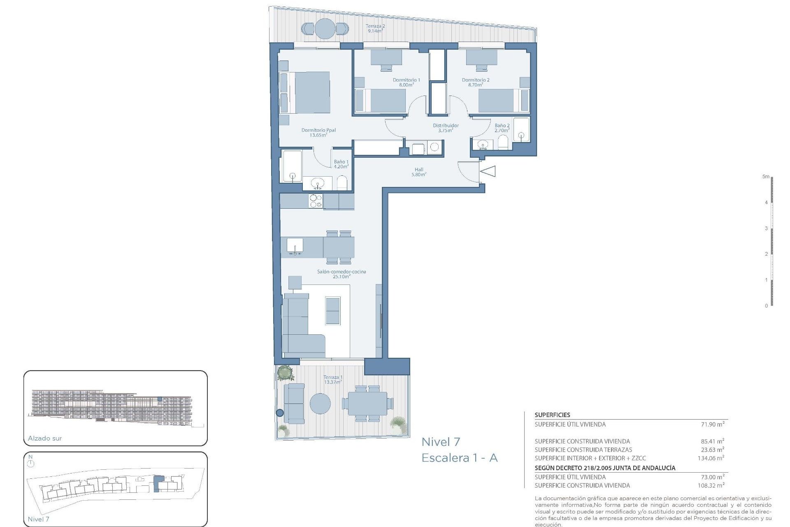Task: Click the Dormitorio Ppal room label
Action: (318, 132)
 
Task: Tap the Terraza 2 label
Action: (375, 28)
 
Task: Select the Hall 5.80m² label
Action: (418, 172)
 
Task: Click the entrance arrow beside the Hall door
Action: (489, 171)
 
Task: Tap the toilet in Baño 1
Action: (342, 183)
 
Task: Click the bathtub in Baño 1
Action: (291, 166)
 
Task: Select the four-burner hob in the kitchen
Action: (316, 201)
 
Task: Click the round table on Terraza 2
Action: (325, 29)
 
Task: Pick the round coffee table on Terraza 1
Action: (320, 403)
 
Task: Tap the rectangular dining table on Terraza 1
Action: (367, 403)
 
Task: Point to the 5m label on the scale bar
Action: (765, 176)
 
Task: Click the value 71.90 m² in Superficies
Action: (712, 424)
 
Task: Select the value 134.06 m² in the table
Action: (711, 458)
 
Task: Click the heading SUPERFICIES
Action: (552, 415)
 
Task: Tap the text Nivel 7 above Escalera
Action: (441, 442)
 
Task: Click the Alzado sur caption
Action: (45, 438)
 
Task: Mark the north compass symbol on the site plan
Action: (31, 463)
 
